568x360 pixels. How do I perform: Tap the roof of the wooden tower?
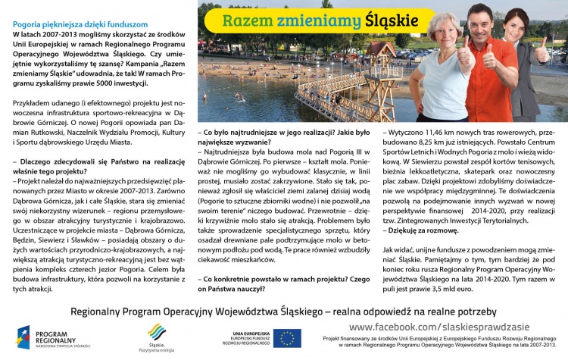(385, 52)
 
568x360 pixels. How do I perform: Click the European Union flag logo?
(287, 338)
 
